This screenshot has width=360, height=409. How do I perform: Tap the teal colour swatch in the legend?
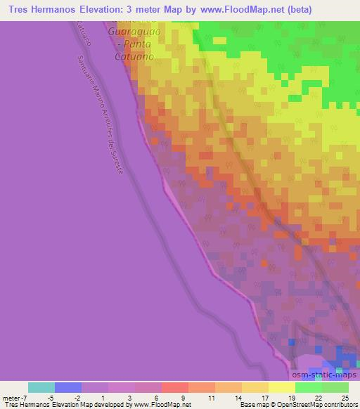(41, 387)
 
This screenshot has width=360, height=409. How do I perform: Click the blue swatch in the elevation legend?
(68, 387)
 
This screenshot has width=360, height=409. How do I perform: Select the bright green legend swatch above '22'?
(308, 387)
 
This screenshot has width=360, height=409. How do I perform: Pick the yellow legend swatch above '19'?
(281, 387)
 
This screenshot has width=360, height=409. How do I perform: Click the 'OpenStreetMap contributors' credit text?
(324, 405)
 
